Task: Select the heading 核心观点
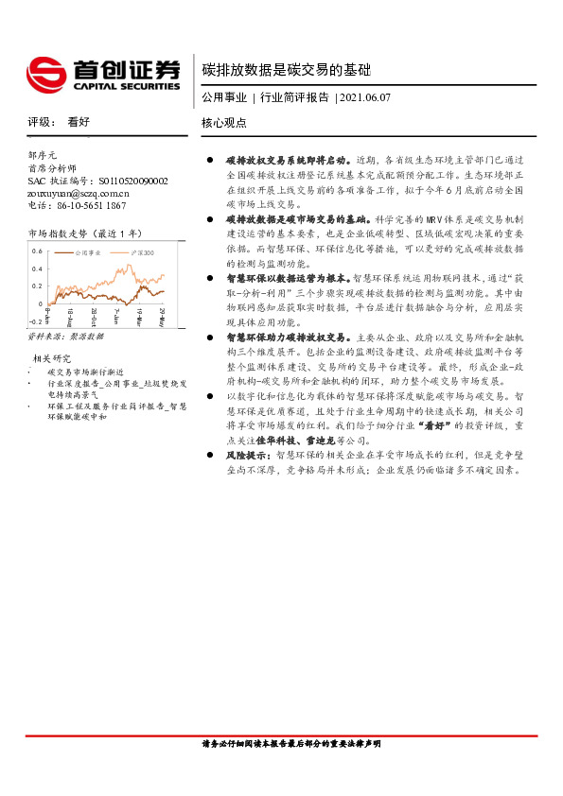click(223, 123)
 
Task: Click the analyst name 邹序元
click(43, 155)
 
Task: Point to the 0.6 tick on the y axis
click(36, 251)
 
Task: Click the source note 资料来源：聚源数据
click(65, 336)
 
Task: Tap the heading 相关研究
click(53, 358)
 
